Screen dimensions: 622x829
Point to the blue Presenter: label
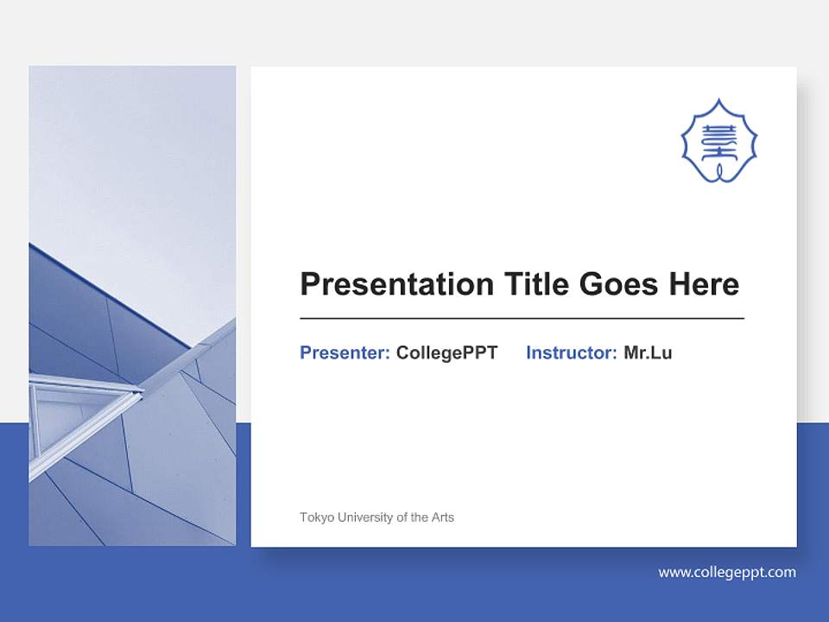coord(345,352)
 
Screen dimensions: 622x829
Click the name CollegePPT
coord(446,352)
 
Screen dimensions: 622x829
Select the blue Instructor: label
coord(571,352)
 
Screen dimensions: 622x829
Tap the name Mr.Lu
coord(648,352)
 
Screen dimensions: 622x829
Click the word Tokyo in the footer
coord(315,517)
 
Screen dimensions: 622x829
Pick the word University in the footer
coord(363,517)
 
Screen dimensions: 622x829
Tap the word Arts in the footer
coord(442,517)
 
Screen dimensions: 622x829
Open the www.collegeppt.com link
coord(727,572)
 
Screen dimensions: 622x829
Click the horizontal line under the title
coord(522,319)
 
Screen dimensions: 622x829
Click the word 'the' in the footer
coord(420,517)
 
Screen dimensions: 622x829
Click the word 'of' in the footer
coord(402,517)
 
